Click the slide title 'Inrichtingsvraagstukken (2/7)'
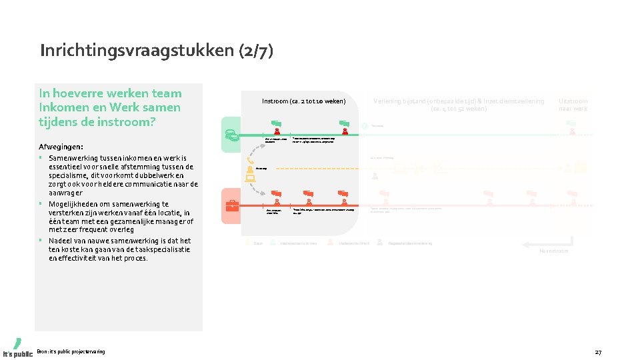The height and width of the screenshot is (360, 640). point(157,51)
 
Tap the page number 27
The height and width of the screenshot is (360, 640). point(598,351)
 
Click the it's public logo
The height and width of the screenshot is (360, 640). point(17,347)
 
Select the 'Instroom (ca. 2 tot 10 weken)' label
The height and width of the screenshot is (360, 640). point(303,101)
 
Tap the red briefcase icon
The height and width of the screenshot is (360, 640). point(233,205)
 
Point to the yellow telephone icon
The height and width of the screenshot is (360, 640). point(251,160)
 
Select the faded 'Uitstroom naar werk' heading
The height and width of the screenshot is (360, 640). point(573,105)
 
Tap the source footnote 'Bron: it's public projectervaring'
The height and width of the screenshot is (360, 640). point(71,351)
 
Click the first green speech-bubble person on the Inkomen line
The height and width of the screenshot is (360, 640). point(277,125)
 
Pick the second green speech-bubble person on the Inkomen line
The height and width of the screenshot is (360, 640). point(345,125)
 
